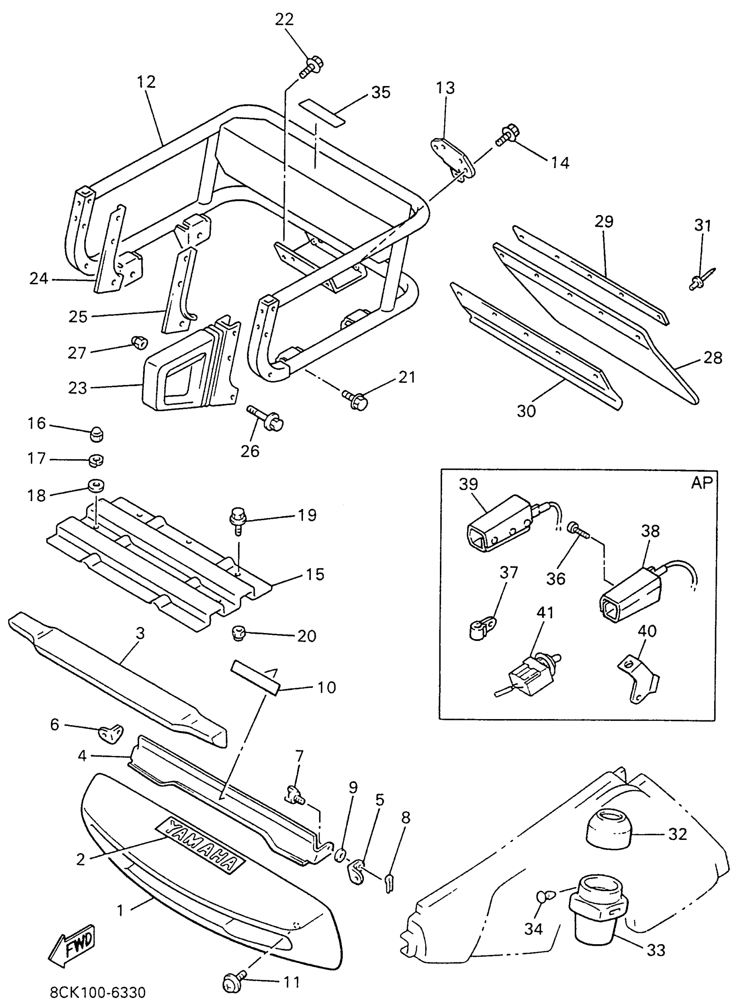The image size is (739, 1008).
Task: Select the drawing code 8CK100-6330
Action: pos(97,992)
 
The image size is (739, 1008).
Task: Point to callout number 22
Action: pos(284,20)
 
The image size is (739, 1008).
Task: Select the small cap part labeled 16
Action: pos(96,433)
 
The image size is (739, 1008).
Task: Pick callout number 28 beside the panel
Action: pos(712,358)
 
